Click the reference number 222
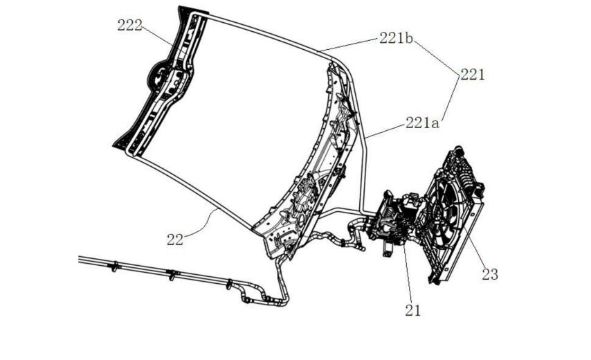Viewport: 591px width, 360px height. (130, 26)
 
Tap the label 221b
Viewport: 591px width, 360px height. (396, 38)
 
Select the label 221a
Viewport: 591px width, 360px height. (422, 123)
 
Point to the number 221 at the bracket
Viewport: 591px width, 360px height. (472, 75)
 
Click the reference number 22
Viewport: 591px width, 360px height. (175, 240)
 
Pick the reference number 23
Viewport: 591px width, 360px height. (490, 274)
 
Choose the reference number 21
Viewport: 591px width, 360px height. (412, 310)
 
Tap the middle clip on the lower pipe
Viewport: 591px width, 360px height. (172, 274)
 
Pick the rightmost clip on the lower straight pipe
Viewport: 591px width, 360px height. (229, 284)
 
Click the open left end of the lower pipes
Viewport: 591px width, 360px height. (80, 259)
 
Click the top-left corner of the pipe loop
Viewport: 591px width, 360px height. (194, 15)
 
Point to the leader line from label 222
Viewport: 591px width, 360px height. (159, 36)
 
